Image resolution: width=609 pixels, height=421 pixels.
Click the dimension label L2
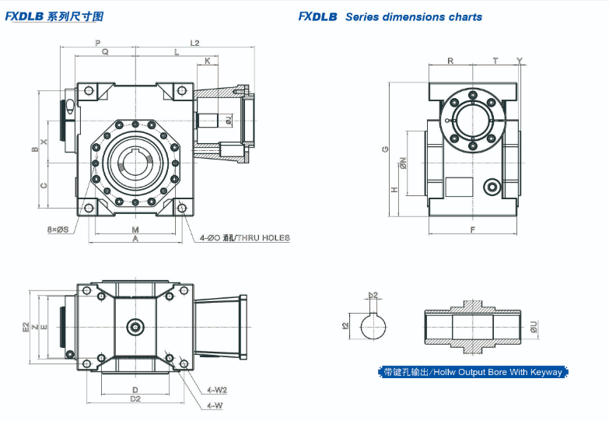[194, 42]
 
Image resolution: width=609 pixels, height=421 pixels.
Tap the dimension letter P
[97, 42]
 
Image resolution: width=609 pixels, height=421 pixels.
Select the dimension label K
[207, 61]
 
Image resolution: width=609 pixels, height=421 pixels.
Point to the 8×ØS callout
[58, 230]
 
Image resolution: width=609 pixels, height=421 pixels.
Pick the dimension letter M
[135, 230]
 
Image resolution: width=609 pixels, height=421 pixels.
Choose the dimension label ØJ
[228, 120]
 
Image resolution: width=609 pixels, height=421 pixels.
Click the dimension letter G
[386, 149]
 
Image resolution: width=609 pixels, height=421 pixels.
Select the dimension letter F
[473, 230]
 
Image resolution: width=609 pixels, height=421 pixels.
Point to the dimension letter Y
[520, 61]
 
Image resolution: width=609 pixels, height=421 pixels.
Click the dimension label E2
[26, 327]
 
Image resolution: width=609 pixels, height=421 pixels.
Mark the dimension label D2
[135, 398]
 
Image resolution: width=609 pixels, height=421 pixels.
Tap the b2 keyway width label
[373, 296]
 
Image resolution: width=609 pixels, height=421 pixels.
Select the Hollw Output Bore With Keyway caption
[473, 372]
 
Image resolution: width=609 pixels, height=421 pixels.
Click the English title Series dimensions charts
[414, 16]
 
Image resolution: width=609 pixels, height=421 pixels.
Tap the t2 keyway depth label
[345, 326]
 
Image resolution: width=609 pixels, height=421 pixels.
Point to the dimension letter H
[395, 189]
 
